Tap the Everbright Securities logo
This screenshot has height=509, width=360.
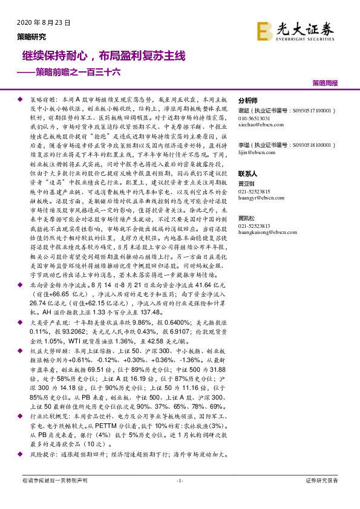295,30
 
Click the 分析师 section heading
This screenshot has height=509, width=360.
248,101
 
